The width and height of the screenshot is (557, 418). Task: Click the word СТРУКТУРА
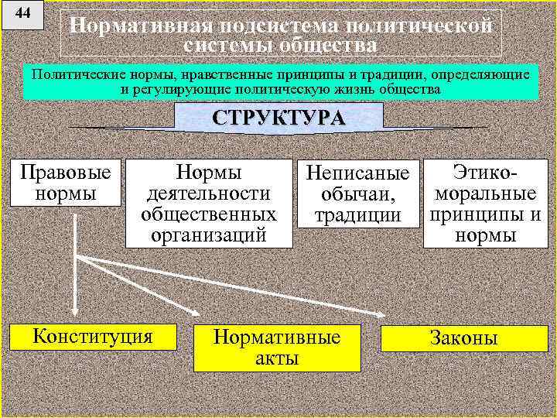278,119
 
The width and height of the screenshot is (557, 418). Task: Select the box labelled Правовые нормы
65,182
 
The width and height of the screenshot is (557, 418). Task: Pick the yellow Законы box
463,338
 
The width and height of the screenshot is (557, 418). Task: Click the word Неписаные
357,173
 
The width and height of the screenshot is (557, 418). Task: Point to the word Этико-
486,172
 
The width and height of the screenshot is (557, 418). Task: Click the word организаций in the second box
209,235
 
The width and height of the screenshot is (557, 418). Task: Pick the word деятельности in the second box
209,193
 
